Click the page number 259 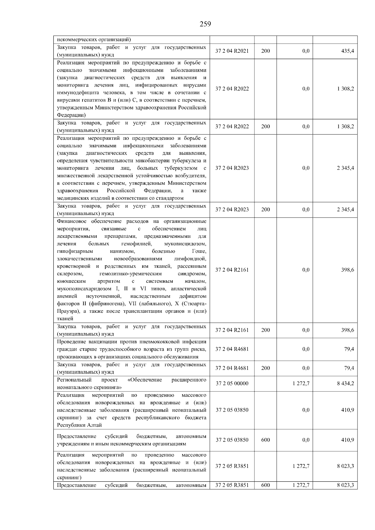click(x=205, y=24)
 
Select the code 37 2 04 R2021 click(x=232, y=51)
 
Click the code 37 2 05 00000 click(x=232, y=384)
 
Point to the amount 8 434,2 click(x=345, y=384)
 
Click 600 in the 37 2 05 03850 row click(x=265, y=440)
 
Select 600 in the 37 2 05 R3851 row click(x=265, y=485)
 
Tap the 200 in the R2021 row click(x=265, y=51)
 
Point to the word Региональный click(x=74, y=380)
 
